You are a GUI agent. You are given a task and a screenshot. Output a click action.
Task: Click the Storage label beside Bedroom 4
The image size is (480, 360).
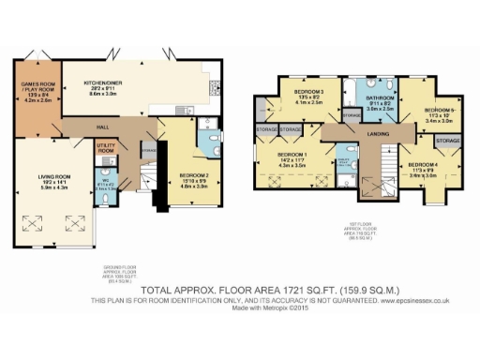coord(446,141)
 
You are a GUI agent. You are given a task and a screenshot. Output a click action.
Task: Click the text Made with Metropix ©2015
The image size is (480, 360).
coord(240,309)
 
